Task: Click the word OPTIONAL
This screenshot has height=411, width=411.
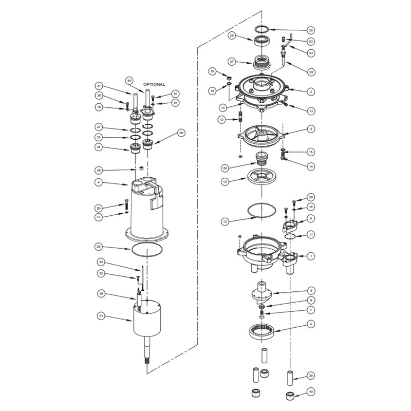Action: click(154, 84)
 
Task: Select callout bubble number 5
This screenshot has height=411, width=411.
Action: click(310, 324)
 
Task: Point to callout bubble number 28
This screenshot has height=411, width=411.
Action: click(310, 30)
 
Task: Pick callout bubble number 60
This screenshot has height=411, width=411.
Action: click(180, 133)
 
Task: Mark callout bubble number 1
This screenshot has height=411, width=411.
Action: click(310, 255)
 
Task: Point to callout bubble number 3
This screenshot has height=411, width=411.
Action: click(310, 91)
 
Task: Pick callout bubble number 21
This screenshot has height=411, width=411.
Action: click(310, 110)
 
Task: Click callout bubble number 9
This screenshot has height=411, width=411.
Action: click(310, 291)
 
